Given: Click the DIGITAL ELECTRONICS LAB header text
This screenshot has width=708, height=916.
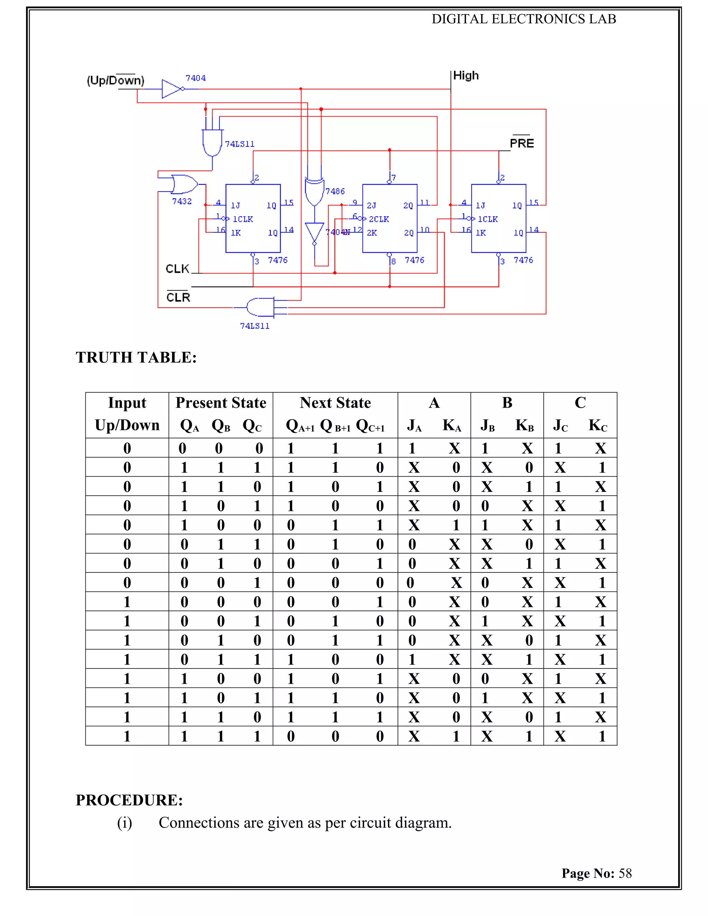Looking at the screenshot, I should [x=523, y=19].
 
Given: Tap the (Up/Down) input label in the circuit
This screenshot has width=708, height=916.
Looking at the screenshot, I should [x=115, y=80].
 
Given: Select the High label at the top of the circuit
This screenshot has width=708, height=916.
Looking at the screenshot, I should [x=466, y=75].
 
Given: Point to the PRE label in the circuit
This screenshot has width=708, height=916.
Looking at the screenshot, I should [x=521, y=143].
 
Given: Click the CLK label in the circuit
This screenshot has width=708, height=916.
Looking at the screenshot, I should [x=177, y=269].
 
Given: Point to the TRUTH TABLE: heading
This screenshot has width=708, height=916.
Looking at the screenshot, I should [x=136, y=357].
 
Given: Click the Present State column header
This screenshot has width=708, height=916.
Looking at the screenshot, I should [x=221, y=403].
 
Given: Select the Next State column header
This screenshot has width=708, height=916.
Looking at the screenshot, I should [x=335, y=403].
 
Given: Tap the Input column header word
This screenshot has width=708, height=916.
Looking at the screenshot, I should [x=127, y=403].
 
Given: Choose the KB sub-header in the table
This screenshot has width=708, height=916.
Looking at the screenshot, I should [x=524, y=426].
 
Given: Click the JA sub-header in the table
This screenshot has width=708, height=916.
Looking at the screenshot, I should [x=414, y=426].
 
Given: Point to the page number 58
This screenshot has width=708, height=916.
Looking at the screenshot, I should [x=625, y=873].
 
